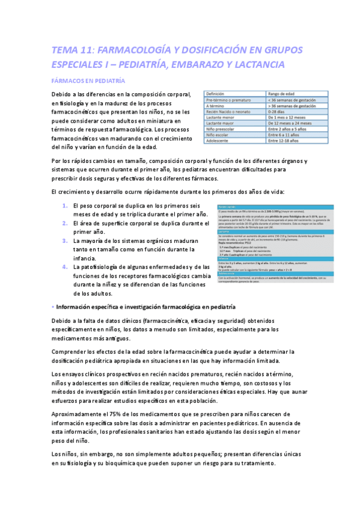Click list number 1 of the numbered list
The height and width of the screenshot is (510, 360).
coord(66,206)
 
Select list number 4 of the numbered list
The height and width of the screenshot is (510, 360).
coord(66,266)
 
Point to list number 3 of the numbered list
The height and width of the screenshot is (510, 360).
coord(66,241)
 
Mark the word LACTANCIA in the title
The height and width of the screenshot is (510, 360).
coord(266,63)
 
